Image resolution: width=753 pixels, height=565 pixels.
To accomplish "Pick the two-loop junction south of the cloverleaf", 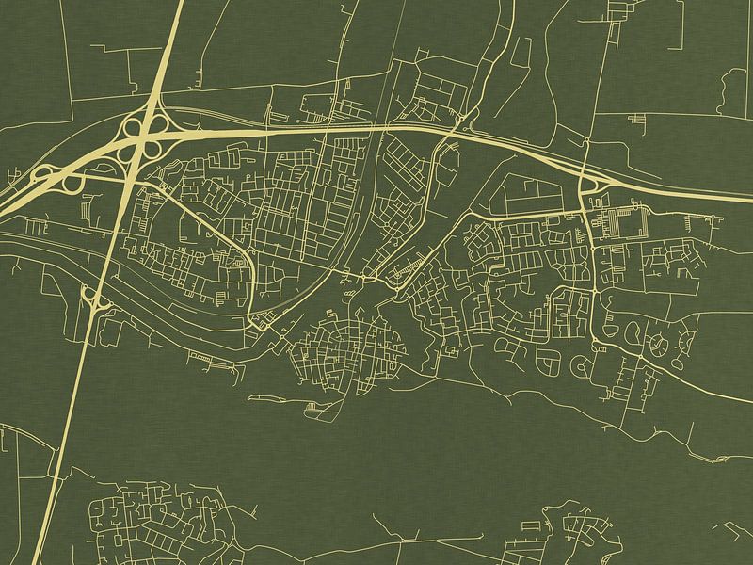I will (93, 299).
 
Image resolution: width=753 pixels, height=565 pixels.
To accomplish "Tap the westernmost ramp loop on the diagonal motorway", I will (41, 173).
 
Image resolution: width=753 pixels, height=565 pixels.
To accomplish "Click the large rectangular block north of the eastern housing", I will (528, 192).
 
